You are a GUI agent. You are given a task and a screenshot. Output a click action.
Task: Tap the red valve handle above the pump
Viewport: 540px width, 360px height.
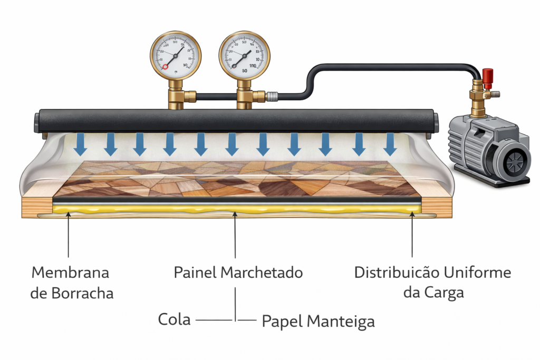point(488,77)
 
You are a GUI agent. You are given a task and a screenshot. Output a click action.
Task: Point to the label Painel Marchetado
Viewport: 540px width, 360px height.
point(238,273)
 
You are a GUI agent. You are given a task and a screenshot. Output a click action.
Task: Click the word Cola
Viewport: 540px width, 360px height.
point(175,319)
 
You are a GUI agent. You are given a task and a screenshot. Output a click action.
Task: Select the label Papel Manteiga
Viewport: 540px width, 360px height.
point(318,321)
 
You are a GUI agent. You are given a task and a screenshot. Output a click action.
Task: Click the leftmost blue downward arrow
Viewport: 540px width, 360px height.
point(80,144)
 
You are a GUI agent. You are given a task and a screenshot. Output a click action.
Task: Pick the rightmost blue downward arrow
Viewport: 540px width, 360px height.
point(390,144)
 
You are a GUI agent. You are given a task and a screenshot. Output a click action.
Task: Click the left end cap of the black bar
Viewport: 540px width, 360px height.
point(36,121)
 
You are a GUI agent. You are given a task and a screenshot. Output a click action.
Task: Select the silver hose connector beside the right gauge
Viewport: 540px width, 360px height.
point(272,96)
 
